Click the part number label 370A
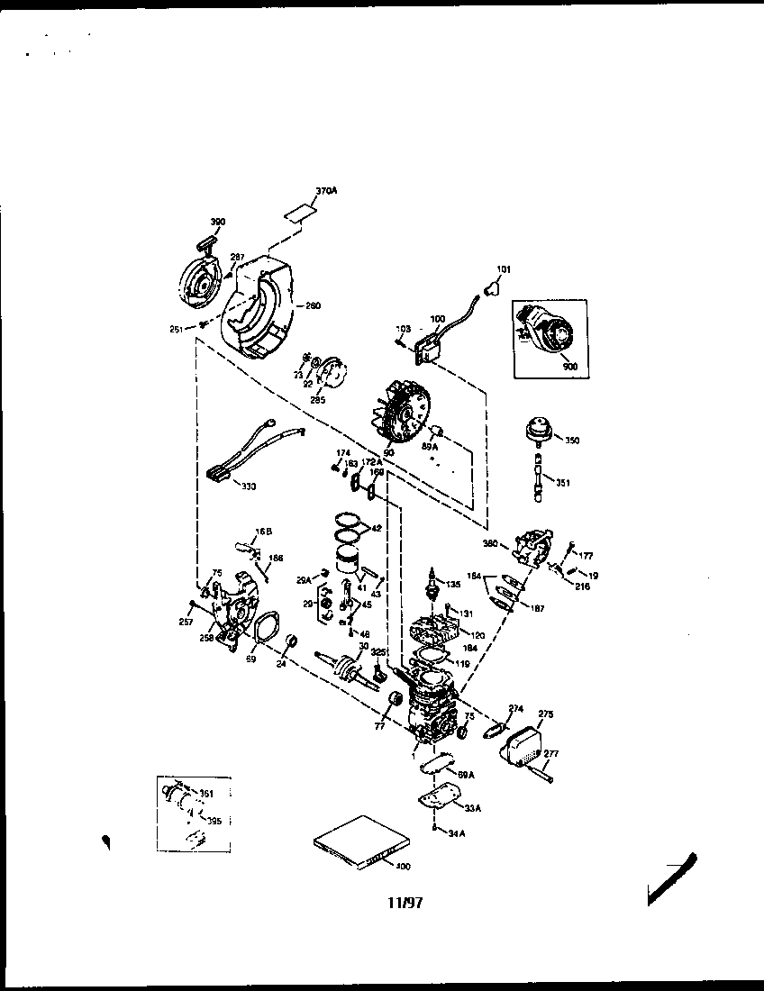[325, 190]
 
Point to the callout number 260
[313, 305]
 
